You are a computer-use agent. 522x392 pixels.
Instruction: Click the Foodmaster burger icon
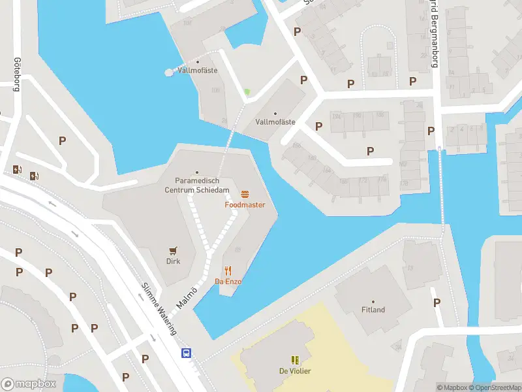tap(245, 194)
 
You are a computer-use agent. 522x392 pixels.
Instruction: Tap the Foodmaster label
tap(245, 204)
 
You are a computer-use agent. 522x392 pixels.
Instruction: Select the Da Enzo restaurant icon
tap(228, 270)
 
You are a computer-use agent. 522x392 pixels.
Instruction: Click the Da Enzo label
tap(228, 282)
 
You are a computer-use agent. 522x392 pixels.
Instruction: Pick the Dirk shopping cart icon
tap(173, 250)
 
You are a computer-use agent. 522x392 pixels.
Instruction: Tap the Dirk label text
tap(173, 261)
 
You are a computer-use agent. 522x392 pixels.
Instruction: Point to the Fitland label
tap(373, 310)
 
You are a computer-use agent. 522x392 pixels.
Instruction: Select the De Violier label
tap(296, 371)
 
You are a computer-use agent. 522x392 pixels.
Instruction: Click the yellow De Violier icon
tap(295, 359)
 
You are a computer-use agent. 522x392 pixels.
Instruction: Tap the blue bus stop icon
tap(186, 353)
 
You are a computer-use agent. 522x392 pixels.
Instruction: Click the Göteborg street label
tap(16, 73)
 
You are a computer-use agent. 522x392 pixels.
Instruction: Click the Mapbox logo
tap(29, 384)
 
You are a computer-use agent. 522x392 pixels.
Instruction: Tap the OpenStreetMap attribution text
tap(494, 387)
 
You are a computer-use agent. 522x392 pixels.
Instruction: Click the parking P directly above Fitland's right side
tap(437, 302)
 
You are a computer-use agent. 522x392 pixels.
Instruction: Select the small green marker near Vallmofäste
tap(247, 92)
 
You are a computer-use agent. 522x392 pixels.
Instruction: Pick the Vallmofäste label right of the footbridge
tap(275, 122)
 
